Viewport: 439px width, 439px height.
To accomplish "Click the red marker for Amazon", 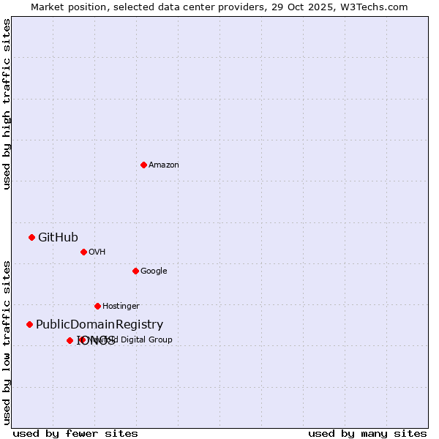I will [x=143, y=165].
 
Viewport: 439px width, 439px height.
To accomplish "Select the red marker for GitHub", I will [x=31, y=237].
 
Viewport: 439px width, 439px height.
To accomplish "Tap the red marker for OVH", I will [x=83, y=252].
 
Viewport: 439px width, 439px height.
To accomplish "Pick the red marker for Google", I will [x=135, y=271].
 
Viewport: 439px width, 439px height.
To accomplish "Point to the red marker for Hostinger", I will [x=97, y=306].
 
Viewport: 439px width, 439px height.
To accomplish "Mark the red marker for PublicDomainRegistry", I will [x=29, y=324].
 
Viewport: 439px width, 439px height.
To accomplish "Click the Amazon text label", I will [x=163, y=165].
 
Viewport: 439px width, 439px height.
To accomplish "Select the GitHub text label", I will [x=58, y=237].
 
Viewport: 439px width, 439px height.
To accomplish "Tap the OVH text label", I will [x=97, y=252].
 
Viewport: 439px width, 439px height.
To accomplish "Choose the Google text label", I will [x=154, y=271].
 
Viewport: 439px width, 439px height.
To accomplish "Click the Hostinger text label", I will [x=121, y=307].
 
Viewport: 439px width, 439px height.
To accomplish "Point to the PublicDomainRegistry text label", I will [x=100, y=325].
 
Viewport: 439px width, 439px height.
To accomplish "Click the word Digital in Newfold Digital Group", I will [x=137, y=339].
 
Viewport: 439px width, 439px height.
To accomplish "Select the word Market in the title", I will [x=47, y=7].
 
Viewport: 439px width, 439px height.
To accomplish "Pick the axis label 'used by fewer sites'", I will [x=75, y=433].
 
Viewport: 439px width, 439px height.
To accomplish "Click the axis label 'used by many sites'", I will [x=367, y=433].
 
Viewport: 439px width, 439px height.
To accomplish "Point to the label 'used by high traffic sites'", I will [x=7, y=104].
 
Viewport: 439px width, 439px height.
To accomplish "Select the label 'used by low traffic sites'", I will [x=7, y=342].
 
